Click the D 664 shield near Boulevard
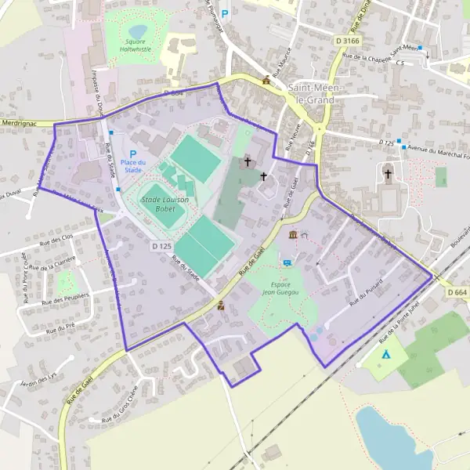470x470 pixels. click(x=457, y=291)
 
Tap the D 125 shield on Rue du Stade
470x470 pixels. click(x=161, y=246)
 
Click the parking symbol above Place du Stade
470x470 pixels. click(x=133, y=154)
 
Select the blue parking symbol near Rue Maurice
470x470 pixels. click(x=225, y=13)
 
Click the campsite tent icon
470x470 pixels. click(x=385, y=355)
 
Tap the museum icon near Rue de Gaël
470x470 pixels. click(x=293, y=235)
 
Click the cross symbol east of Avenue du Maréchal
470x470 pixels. click(x=388, y=173)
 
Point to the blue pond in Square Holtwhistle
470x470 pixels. click(x=138, y=31)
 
